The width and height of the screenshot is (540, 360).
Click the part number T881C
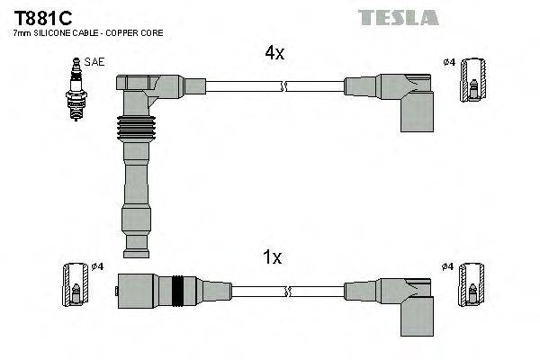pyautogui.click(x=42, y=18)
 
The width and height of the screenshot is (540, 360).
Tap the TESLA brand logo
pyautogui.click(x=398, y=17)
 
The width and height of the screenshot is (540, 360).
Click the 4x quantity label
pyautogui.click(x=274, y=53)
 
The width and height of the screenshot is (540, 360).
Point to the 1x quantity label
pyautogui.click(x=273, y=258)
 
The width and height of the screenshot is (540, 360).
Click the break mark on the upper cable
pyautogui.click(x=284, y=86)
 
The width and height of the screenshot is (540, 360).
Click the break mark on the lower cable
pyautogui.click(x=287, y=291)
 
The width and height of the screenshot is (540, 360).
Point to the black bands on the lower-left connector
pyautogui.click(x=178, y=291)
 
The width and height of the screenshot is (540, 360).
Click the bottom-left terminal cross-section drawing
pyautogui.click(x=76, y=286)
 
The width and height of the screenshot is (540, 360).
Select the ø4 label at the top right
pyautogui.click(x=448, y=61)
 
